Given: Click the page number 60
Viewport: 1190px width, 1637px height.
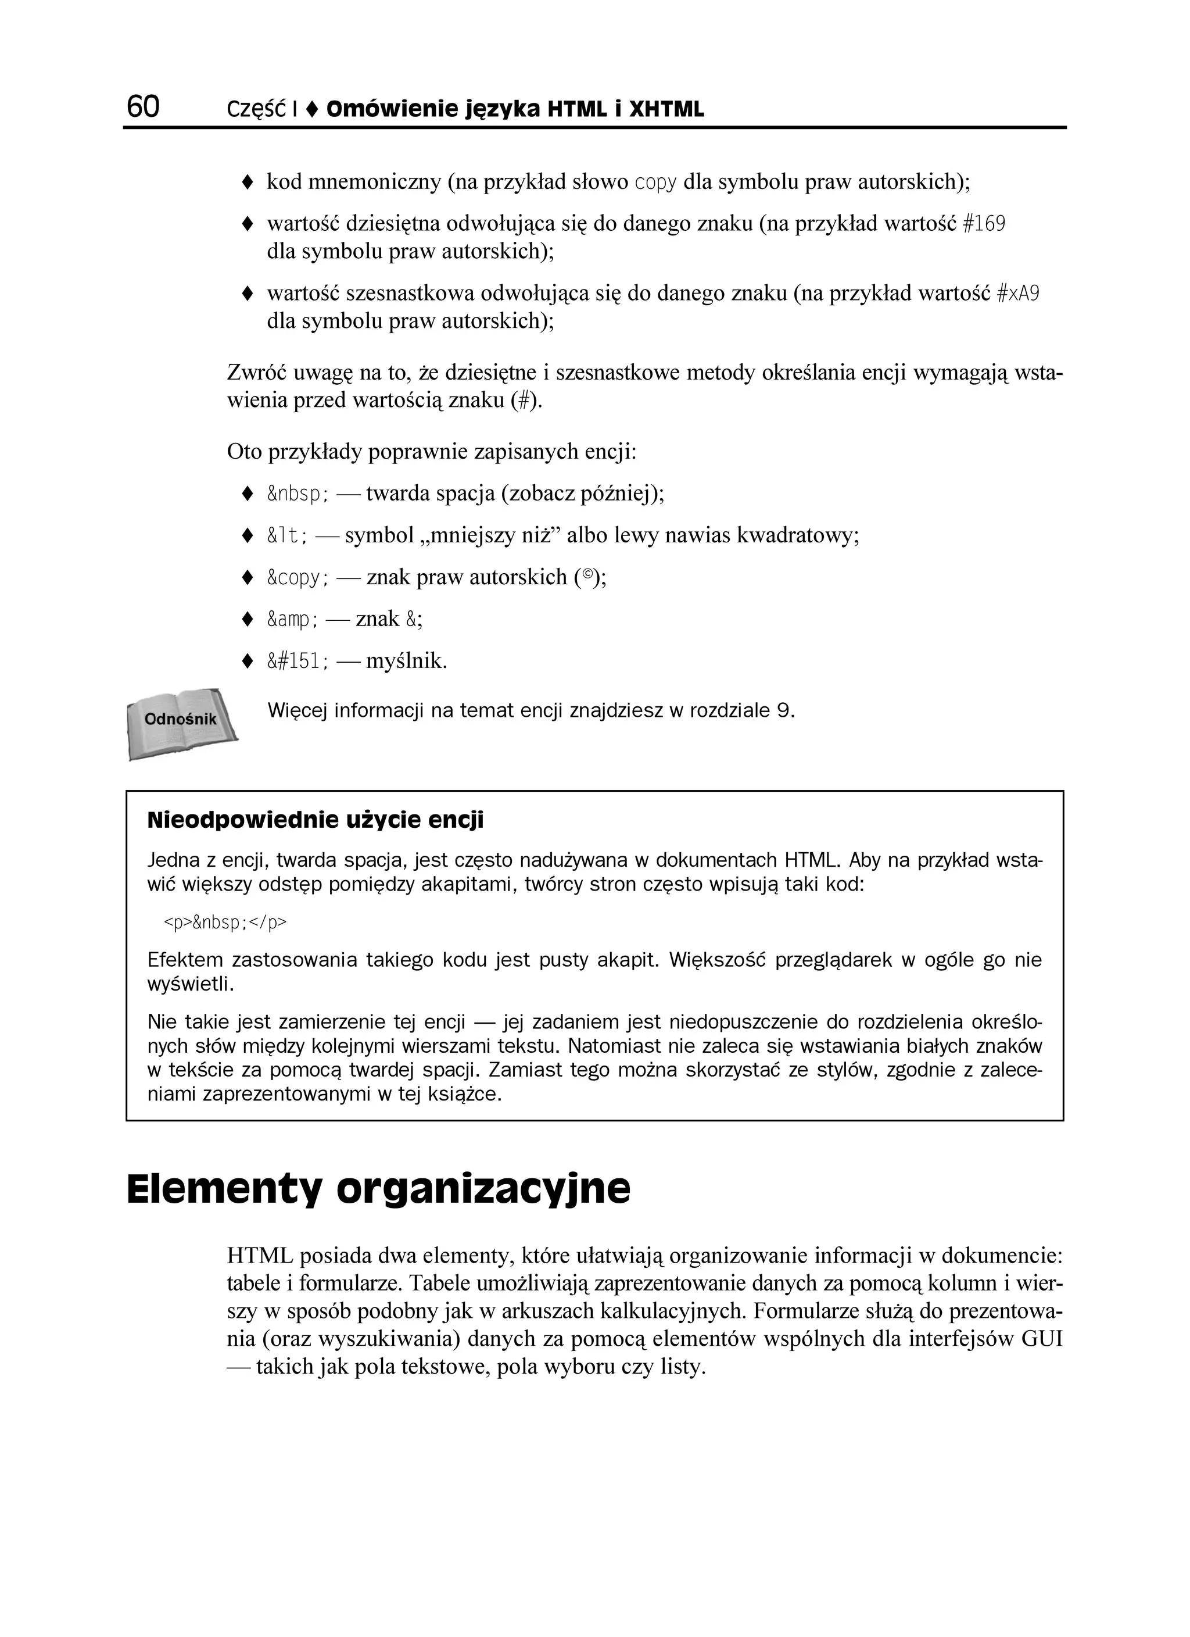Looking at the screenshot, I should click(143, 107).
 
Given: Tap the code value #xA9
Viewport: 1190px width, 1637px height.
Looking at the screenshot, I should click(1017, 294).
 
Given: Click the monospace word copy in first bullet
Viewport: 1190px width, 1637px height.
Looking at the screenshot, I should click(655, 183).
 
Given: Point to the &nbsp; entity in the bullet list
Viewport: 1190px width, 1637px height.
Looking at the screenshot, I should click(298, 495).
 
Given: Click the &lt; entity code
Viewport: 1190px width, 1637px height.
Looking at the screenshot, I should click(288, 537).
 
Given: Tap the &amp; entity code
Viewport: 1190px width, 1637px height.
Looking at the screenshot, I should click(293, 619).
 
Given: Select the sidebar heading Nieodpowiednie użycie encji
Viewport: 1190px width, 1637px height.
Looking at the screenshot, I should click(316, 821).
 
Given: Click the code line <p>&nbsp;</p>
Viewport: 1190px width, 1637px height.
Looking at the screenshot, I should click(225, 923).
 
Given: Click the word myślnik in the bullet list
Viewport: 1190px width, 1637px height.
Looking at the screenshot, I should click(406, 661).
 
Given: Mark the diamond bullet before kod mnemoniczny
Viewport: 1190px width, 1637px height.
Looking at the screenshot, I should click(247, 183).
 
